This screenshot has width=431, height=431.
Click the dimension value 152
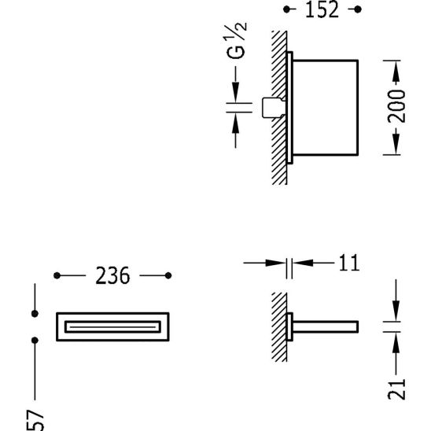321,10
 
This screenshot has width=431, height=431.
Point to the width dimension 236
112,275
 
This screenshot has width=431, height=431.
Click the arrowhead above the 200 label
398,71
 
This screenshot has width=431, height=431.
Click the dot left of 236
56,275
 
